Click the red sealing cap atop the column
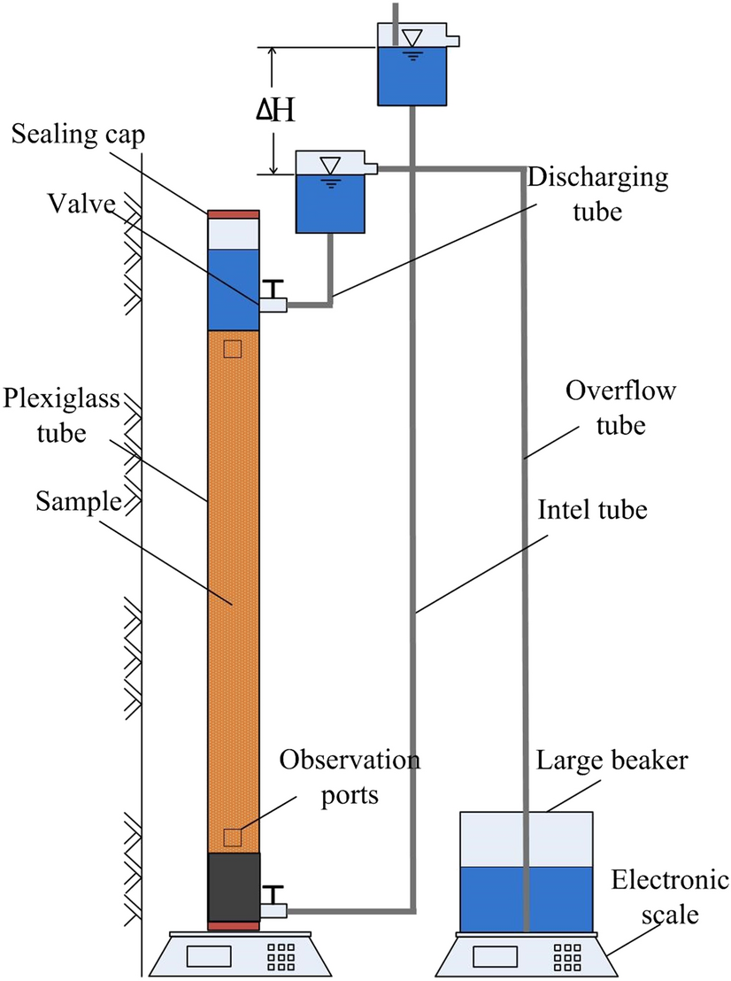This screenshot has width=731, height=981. tap(233, 213)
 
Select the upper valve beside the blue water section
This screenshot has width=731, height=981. tap(273, 297)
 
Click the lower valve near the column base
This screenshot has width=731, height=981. tap(273, 901)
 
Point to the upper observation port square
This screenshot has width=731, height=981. tap(232, 349)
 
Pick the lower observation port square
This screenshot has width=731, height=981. tap(232, 837)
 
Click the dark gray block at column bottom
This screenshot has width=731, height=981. tap(234, 887)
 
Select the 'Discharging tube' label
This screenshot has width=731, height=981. tap(599, 193)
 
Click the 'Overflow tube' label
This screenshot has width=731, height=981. tap(606, 408)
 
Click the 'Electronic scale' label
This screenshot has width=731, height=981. tap(669, 896)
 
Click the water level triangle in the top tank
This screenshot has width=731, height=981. tap(412, 37)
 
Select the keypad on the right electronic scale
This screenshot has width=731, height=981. tap(566, 956)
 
